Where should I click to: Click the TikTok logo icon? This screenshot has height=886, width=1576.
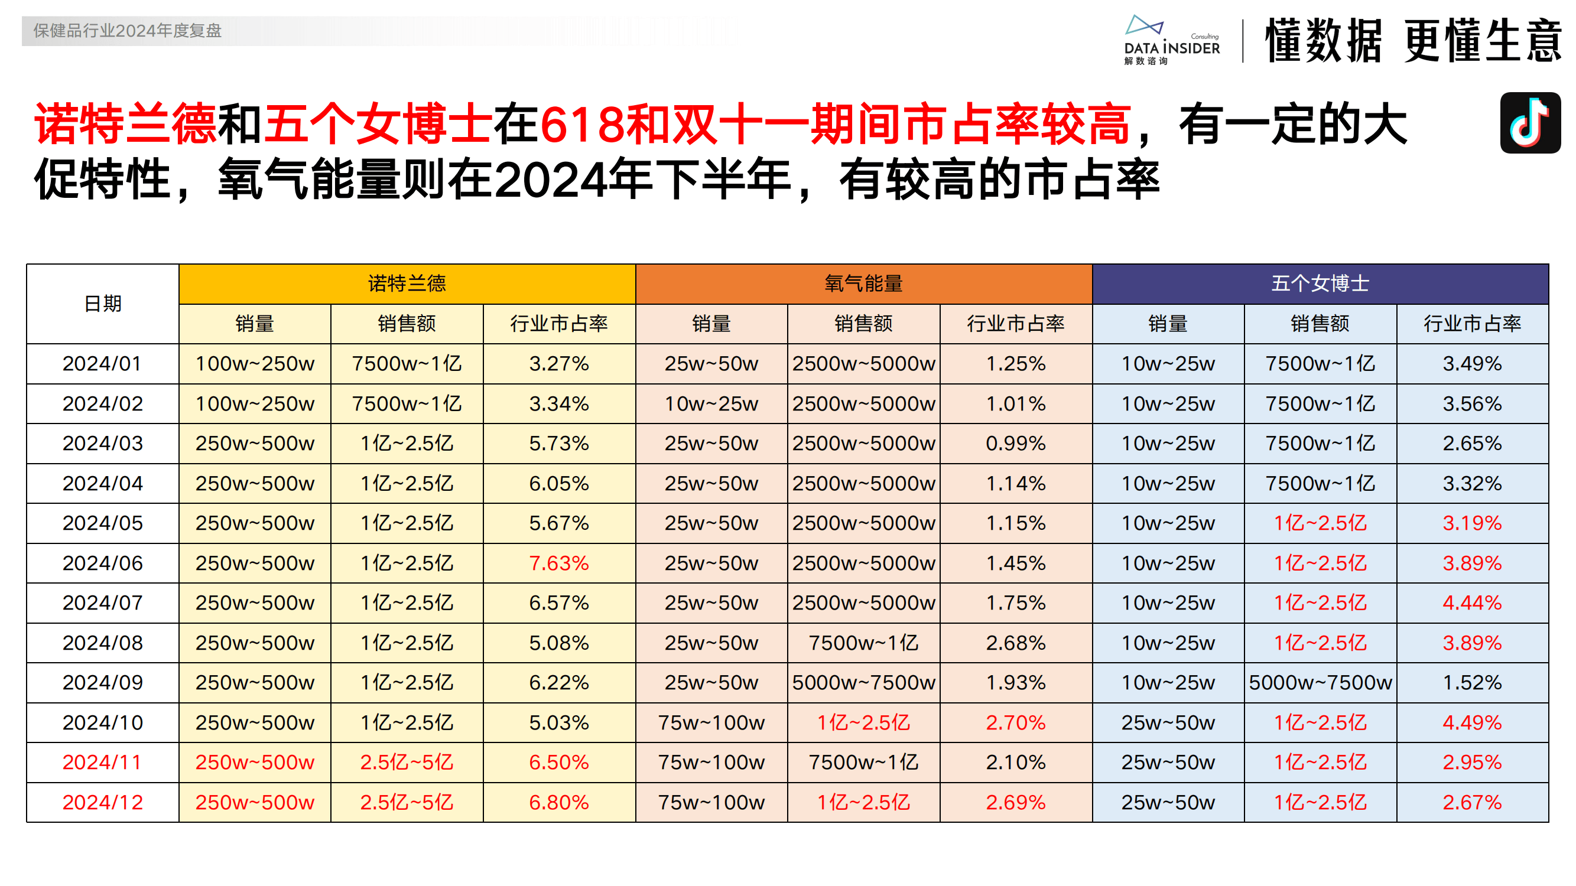pos(1529,122)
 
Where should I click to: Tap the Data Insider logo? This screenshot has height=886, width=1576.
pos(1171,40)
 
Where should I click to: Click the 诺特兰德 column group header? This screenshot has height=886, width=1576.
pos(407,284)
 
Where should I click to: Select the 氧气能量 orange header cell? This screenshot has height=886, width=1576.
pos(863,284)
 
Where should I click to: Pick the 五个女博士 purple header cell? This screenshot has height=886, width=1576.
pos(1320,284)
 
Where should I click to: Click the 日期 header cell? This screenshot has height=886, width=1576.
pos(102,304)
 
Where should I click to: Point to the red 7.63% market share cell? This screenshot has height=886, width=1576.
pos(558,563)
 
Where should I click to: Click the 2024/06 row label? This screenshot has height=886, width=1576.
pos(102,563)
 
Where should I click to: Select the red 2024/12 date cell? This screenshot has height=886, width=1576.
pos(102,802)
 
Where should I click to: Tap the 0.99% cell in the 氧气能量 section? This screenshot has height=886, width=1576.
pos(1016,444)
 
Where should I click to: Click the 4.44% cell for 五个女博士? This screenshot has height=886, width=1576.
pos(1472,603)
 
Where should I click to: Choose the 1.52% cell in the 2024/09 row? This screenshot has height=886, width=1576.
pos(1472,682)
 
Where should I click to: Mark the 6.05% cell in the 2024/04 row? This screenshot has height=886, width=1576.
pos(558,484)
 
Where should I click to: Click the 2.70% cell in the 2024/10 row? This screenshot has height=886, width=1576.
pos(1016,723)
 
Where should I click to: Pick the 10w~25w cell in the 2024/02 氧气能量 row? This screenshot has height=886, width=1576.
pos(711,403)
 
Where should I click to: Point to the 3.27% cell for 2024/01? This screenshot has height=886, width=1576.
pos(558,364)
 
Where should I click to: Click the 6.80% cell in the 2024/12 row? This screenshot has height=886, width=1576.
pos(558,802)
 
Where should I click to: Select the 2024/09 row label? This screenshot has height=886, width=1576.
pos(102,682)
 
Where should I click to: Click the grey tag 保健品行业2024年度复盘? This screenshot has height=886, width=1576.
pos(127,31)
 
